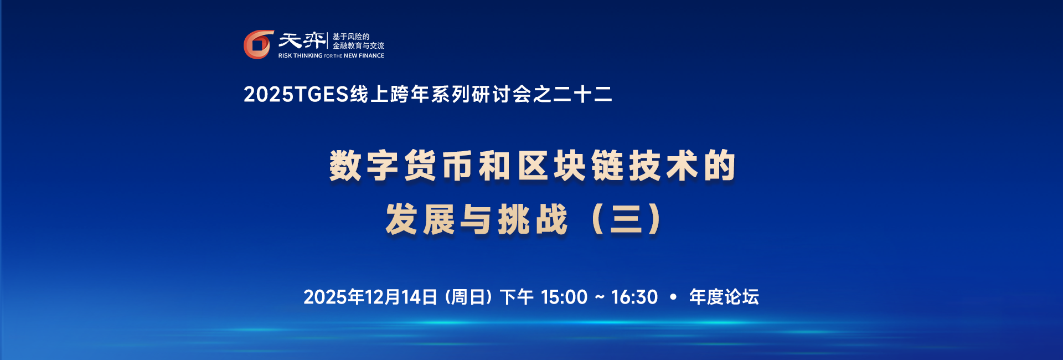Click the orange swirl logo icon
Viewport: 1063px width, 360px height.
pos(258,44)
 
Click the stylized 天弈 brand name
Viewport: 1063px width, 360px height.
pos(302,40)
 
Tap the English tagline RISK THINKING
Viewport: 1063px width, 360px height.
pos(300,56)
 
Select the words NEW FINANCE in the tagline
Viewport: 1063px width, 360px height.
pos(364,56)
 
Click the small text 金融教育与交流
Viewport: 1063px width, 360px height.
pos(358,46)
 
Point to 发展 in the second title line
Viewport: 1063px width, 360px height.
pos(420,219)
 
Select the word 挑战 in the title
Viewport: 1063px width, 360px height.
pos(533,219)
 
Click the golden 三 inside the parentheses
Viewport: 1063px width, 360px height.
pos(626,219)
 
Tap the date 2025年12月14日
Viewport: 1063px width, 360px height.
pos(370,297)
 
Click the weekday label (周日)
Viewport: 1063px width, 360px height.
pos(468,297)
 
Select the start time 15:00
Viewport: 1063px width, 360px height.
pos(564,297)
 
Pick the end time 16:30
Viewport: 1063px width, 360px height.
pos(634,297)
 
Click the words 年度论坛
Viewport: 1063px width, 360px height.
pos(724,297)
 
